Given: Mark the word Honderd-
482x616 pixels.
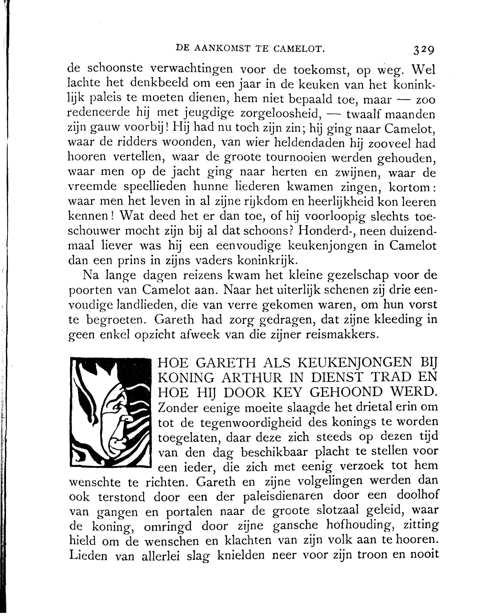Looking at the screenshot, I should click(328, 231).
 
